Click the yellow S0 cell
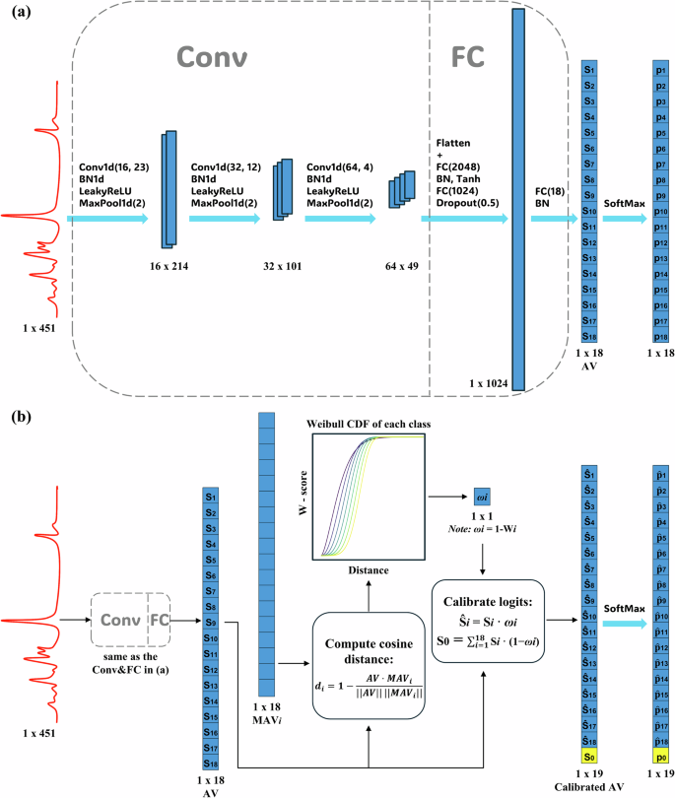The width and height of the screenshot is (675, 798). coord(589,757)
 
